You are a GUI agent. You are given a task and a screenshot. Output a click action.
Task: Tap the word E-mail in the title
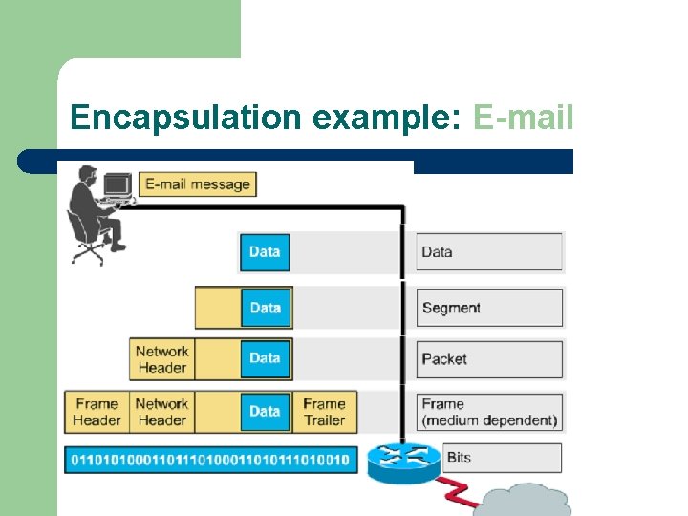[523, 118]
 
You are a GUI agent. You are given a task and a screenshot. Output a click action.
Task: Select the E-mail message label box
[198, 184]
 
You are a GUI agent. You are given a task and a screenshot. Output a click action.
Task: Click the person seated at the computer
[94, 215]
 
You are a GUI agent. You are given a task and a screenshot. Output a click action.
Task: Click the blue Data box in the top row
[264, 252]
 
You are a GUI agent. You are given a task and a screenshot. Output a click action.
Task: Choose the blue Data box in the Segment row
[265, 308]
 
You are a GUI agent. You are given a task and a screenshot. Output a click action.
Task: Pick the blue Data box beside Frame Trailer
[265, 411]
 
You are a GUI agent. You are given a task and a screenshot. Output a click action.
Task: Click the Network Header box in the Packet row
[162, 359]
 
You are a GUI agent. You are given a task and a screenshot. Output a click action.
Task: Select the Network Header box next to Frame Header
[162, 412]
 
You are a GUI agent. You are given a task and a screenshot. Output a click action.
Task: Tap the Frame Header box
[97, 412]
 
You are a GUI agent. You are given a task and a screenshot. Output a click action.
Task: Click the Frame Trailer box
[324, 412]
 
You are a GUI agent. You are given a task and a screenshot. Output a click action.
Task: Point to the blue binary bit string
[210, 460]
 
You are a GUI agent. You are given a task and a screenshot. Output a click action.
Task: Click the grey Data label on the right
[489, 252]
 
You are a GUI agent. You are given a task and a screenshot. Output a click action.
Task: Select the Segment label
[489, 308]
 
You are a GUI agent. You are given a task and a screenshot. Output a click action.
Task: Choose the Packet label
[489, 359]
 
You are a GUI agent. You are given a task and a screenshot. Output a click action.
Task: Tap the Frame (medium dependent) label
[489, 412]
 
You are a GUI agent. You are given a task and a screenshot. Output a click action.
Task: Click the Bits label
[503, 458]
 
